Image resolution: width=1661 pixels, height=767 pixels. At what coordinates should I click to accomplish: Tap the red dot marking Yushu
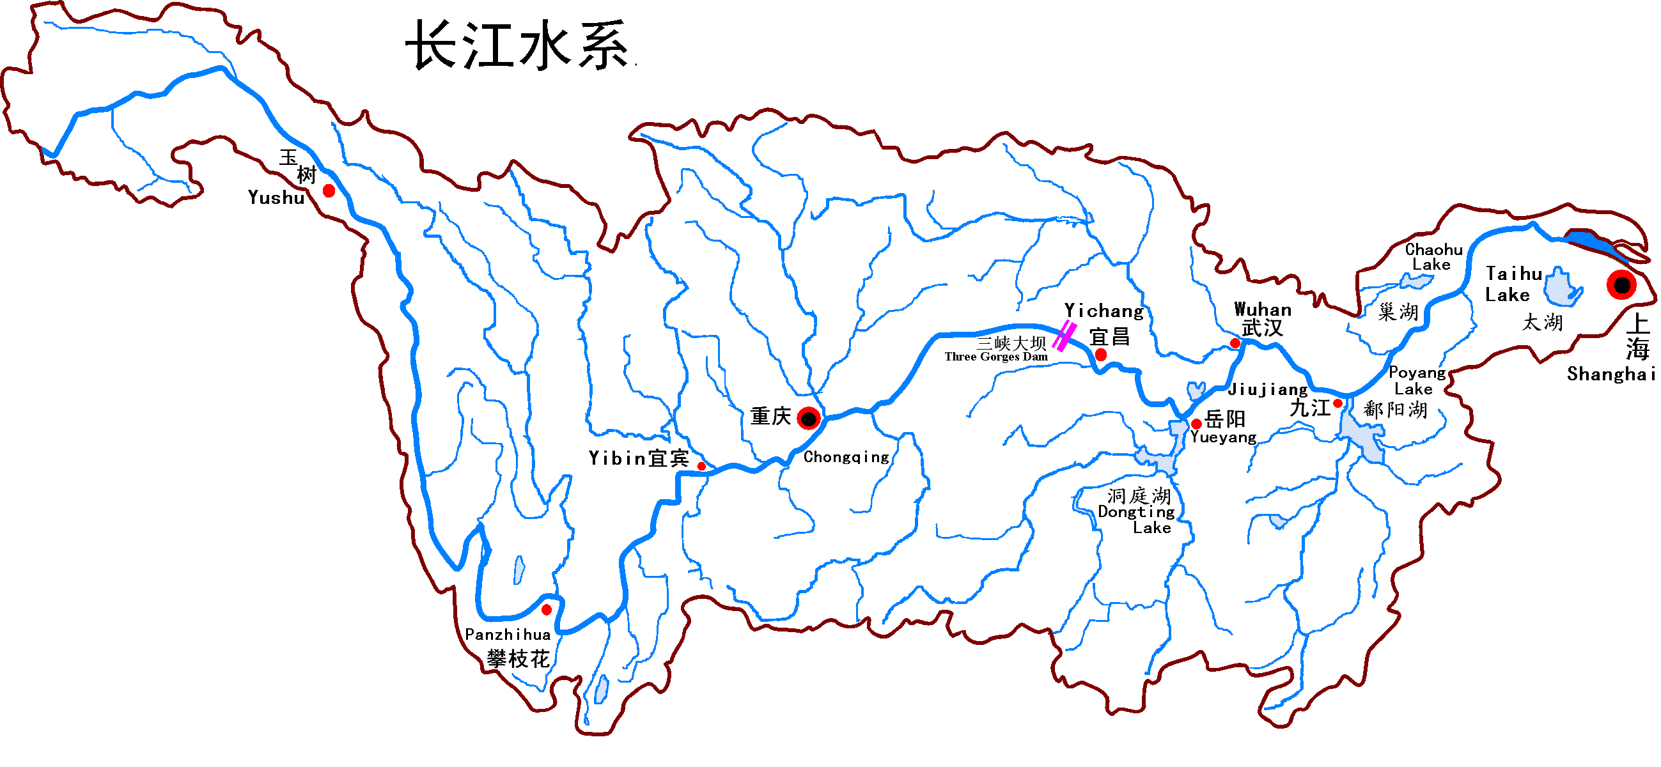[x=329, y=190]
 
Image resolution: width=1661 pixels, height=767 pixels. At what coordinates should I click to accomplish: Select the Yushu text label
[x=276, y=198]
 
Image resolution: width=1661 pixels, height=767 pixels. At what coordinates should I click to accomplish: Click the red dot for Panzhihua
[x=547, y=610]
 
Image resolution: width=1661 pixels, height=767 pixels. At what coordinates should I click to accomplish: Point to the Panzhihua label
[x=508, y=635]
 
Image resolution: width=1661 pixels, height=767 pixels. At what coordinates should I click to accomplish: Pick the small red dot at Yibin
[x=701, y=466]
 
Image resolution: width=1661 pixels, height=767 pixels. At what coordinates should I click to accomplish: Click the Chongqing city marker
[x=809, y=418]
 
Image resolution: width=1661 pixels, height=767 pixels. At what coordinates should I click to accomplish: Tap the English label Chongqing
[x=846, y=458]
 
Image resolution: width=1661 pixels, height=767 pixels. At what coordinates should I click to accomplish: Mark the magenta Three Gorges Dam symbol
[x=1064, y=336]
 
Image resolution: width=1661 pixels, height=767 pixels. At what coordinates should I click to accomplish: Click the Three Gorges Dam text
[x=995, y=357]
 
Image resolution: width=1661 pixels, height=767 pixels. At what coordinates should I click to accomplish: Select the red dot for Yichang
[x=1101, y=355]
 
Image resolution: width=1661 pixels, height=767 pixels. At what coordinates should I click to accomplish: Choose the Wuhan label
[x=1263, y=310]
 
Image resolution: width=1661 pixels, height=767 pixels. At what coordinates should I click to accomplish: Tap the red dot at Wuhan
[x=1235, y=343]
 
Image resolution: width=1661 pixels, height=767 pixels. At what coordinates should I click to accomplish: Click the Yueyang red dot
[x=1196, y=424]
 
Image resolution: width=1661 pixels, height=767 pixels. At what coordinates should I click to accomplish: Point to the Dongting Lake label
[x=1137, y=513]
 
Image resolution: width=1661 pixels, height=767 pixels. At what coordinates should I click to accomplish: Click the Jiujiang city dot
[x=1337, y=403]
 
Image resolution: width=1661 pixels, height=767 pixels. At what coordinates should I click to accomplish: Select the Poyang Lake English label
[x=1417, y=381]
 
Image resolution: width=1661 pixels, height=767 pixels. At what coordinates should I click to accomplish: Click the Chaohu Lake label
[x=1433, y=257]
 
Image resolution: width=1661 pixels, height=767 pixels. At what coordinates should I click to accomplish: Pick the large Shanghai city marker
[x=1621, y=284]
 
